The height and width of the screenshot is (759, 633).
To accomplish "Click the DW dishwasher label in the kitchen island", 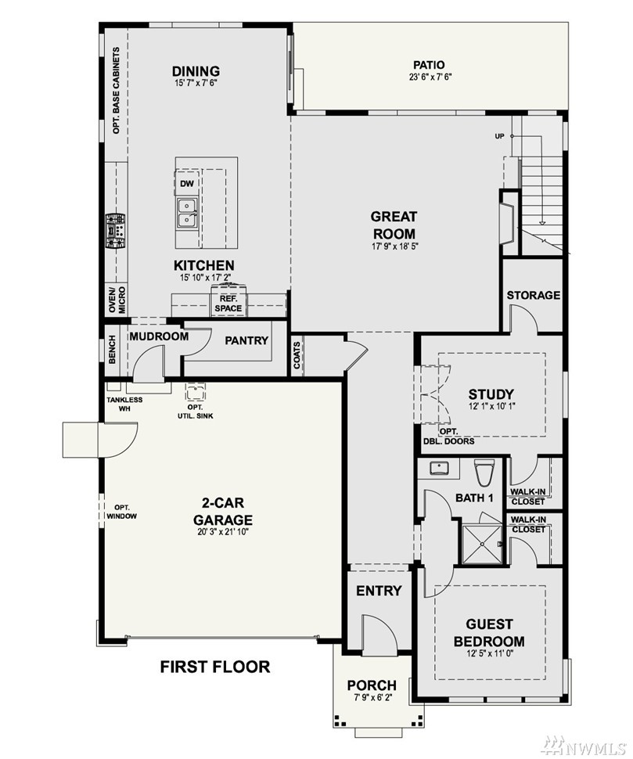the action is point(187,183).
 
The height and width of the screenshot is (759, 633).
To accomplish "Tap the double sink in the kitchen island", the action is point(187,213).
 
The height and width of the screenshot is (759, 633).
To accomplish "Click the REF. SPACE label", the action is point(228,304).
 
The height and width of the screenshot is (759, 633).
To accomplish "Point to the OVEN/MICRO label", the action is point(116,300).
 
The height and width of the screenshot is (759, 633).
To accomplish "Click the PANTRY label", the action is point(246,340).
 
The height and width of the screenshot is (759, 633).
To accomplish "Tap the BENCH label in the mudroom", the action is point(112,349).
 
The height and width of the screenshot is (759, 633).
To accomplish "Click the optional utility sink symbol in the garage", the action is point(196,392).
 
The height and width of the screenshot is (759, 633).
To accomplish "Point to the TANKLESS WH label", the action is point(124,404).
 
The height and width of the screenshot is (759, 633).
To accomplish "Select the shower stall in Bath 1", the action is point(483,544).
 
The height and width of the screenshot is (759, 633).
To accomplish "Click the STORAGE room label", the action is point(534,295).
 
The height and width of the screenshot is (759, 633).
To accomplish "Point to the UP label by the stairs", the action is point(499,136).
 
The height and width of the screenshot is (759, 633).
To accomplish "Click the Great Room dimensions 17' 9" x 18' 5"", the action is point(394,246).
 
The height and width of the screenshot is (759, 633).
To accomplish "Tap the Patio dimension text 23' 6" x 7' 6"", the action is point(429,76).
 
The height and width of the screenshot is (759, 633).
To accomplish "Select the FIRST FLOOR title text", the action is point(215,667).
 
